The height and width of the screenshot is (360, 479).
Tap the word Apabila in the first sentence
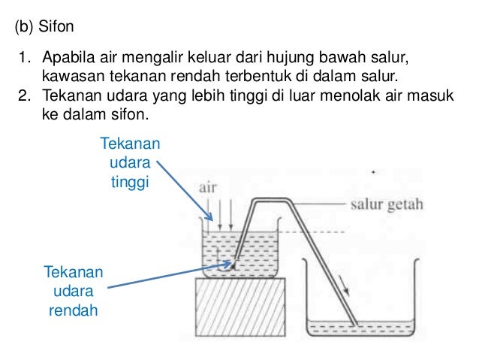[x=68, y=59]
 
